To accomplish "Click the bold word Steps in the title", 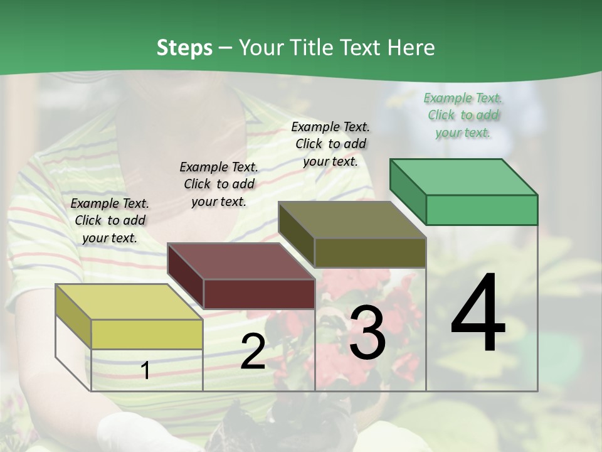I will [x=184, y=48].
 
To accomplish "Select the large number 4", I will [x=478, y=314].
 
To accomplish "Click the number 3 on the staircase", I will [x=367, y=333].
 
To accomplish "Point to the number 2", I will [x=253, y=352].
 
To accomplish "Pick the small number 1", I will [x=145, y=370].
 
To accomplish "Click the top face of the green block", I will [x=463, y=176].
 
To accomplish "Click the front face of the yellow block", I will [x=147, y=334].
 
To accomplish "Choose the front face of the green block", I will [x=482, y=210].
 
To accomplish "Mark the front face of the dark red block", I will [x=258, y=294].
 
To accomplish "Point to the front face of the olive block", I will [x=370, y=252].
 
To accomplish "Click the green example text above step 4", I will [x=463, y=115].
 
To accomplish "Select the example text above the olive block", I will [x=330, y=144].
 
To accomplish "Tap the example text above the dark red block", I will [x=218, y=184].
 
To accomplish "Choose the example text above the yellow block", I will [x=110, y=220].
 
